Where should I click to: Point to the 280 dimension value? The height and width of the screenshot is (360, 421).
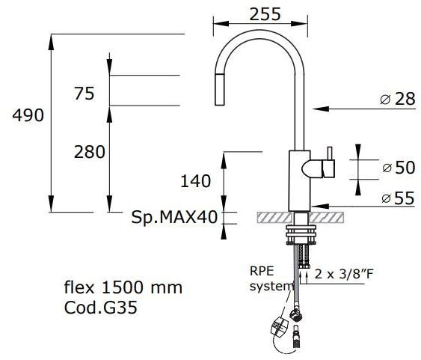point(90,152)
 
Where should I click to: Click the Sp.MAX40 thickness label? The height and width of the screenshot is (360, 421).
point(173,218)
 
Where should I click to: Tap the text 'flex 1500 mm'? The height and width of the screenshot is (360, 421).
point(123,287)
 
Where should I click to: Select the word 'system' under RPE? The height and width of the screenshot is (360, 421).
point(266,286)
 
